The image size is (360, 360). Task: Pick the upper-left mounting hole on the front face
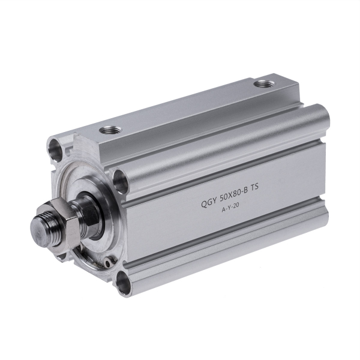click(x=55, y=147)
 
